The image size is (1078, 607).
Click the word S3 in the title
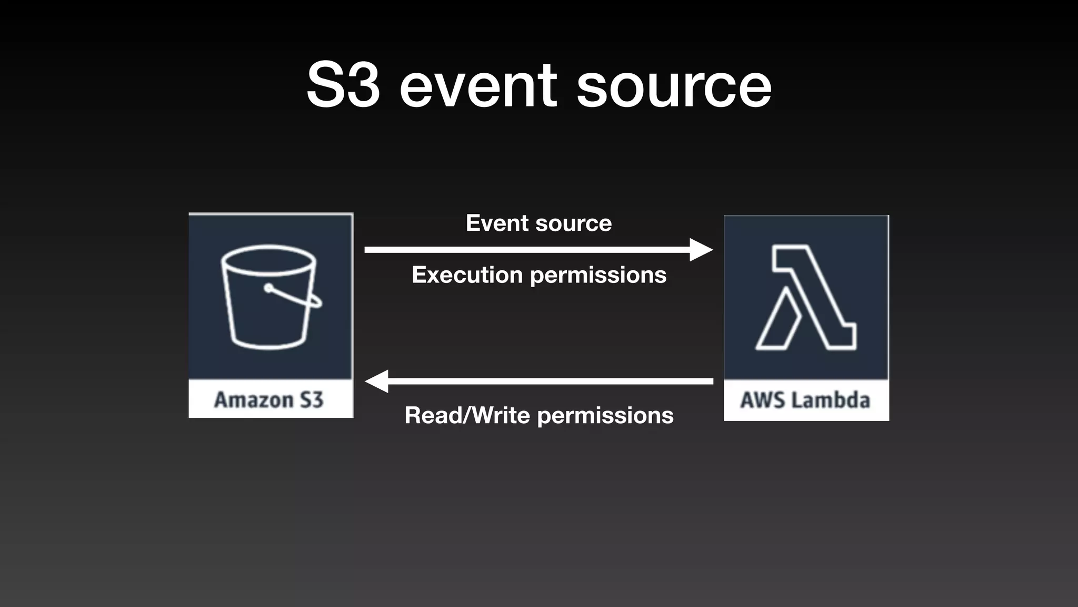tap(343, 85)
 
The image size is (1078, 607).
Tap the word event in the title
tap(478, 85)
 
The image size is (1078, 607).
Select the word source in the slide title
tap(674, 85)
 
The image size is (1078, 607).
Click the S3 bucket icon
tap(269, 296)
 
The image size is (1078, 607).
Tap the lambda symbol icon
tap(805, 297)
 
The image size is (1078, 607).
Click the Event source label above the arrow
tap(538, 223)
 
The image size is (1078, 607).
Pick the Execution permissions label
tap(538, 275)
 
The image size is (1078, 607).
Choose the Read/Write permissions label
tap(538, 416)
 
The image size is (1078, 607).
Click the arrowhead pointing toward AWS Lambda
tap(701, 250)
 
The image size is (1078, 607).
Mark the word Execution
tap(467, 275)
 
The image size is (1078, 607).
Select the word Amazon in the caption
tap(254, 400)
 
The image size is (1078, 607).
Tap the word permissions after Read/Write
tap(606, 416)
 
